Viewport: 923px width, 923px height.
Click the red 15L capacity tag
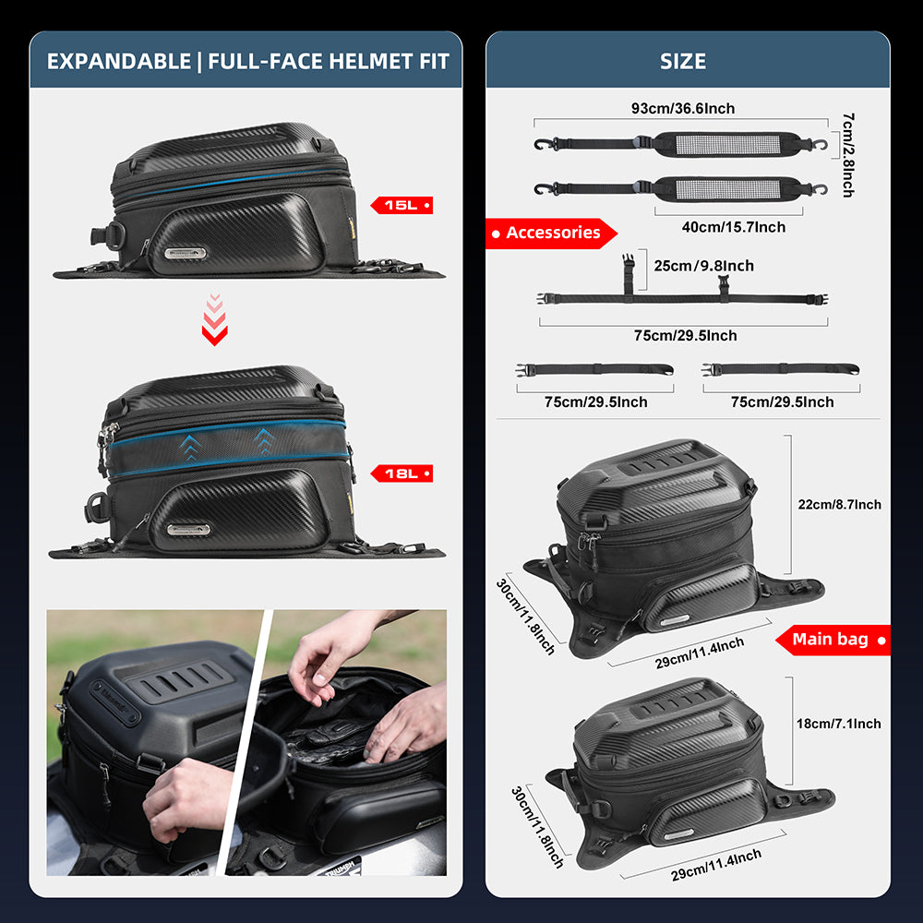point(401,205)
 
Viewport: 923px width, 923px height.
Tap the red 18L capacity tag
point(401,473)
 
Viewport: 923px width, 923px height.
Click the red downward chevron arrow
point(214,319)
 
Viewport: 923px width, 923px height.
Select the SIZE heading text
point(683,62)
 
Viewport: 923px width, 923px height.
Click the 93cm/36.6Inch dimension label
point(683,109)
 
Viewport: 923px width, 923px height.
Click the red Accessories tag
point(552,234)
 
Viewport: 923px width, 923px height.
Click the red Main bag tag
point(832,639)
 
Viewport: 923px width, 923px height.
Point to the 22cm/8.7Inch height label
point(840,505)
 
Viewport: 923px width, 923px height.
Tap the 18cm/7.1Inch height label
point(840,724)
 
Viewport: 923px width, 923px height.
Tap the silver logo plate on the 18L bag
point(189,530)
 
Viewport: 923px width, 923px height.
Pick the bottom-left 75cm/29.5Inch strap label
point(595,402)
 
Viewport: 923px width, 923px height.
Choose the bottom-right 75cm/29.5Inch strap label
point(782,402)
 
